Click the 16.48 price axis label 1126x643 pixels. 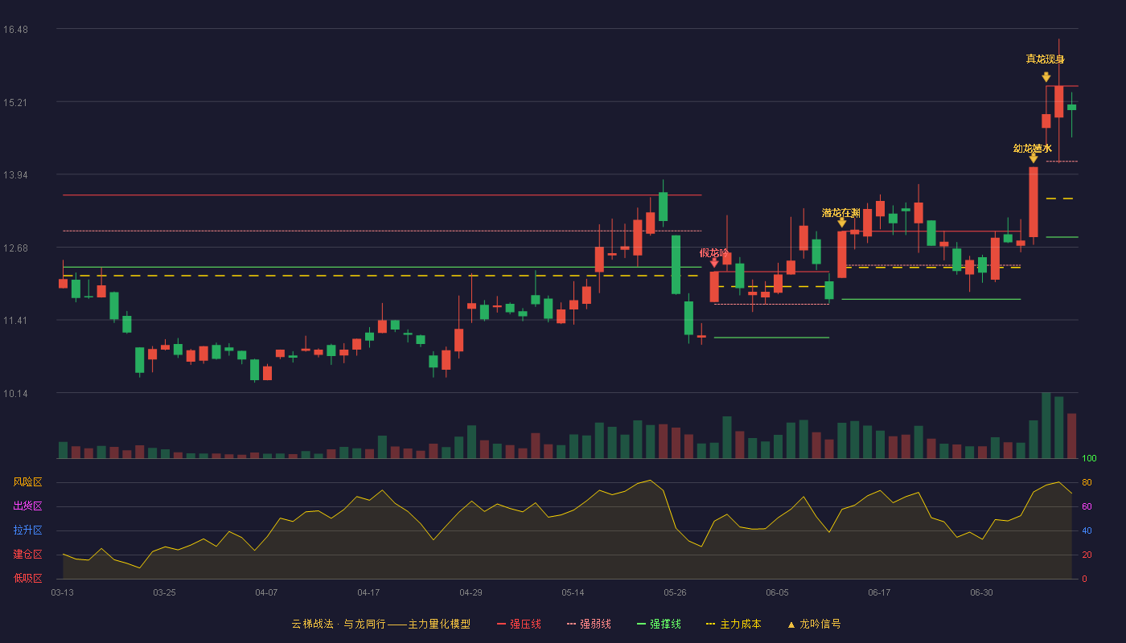[x=15, y=30]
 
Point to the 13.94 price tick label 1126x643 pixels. [x=15, y=175]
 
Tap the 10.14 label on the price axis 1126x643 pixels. [x=15, y=393]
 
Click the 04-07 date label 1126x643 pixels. [x=266, y=593]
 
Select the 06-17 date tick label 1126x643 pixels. [x=879, y=593]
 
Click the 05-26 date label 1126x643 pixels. [x=675, y=593]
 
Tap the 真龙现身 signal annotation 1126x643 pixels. [x=1045, y=59]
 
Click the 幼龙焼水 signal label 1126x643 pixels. [x=1033, y=148]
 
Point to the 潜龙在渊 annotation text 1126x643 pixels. [x=841, y=213]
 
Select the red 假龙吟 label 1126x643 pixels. [x=714, y=252]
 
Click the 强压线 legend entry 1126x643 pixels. [x=520, y=624]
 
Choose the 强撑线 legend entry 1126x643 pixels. [x=659, y=624]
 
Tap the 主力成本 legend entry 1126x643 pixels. [x=734, y=624]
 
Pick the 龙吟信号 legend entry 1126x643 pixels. [x=814, y=624]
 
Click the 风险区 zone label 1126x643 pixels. [x=27, y=482]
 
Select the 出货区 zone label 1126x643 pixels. [x=27, y=506]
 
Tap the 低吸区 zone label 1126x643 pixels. [x=27, y=578]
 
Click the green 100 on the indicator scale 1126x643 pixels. [x=1089, y=458]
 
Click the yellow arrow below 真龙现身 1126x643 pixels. [x=1046, y=77]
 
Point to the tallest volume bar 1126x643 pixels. [x=1046, y=425]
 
